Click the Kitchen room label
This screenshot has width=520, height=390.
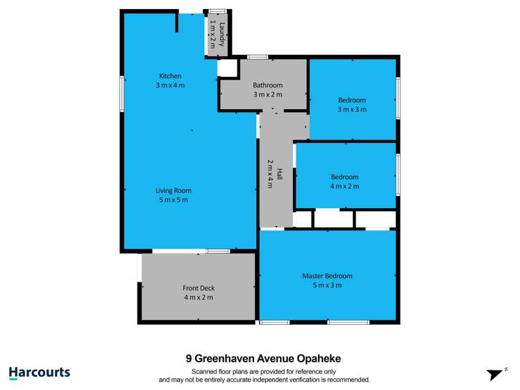pos(170,76)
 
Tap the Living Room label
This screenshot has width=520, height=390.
pos(174,191)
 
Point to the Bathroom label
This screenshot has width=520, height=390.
pos(267,85)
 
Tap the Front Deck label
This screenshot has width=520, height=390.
pos(199,288)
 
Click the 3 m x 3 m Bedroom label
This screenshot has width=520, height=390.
pos(352,100)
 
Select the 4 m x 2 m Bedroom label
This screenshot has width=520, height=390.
pos(344,176)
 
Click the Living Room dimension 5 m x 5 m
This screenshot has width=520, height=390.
pos(174,200)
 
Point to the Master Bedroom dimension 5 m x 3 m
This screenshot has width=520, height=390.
pos(327,285)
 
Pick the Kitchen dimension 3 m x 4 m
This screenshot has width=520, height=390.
pos(170,85)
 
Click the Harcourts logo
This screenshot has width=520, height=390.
pos(40,373)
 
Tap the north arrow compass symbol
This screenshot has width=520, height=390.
pos(494,374)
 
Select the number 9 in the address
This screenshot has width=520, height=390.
pos(189,359)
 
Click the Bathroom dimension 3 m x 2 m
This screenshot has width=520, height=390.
pos(267,94)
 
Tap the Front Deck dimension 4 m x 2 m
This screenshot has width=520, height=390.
pos(199,297)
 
